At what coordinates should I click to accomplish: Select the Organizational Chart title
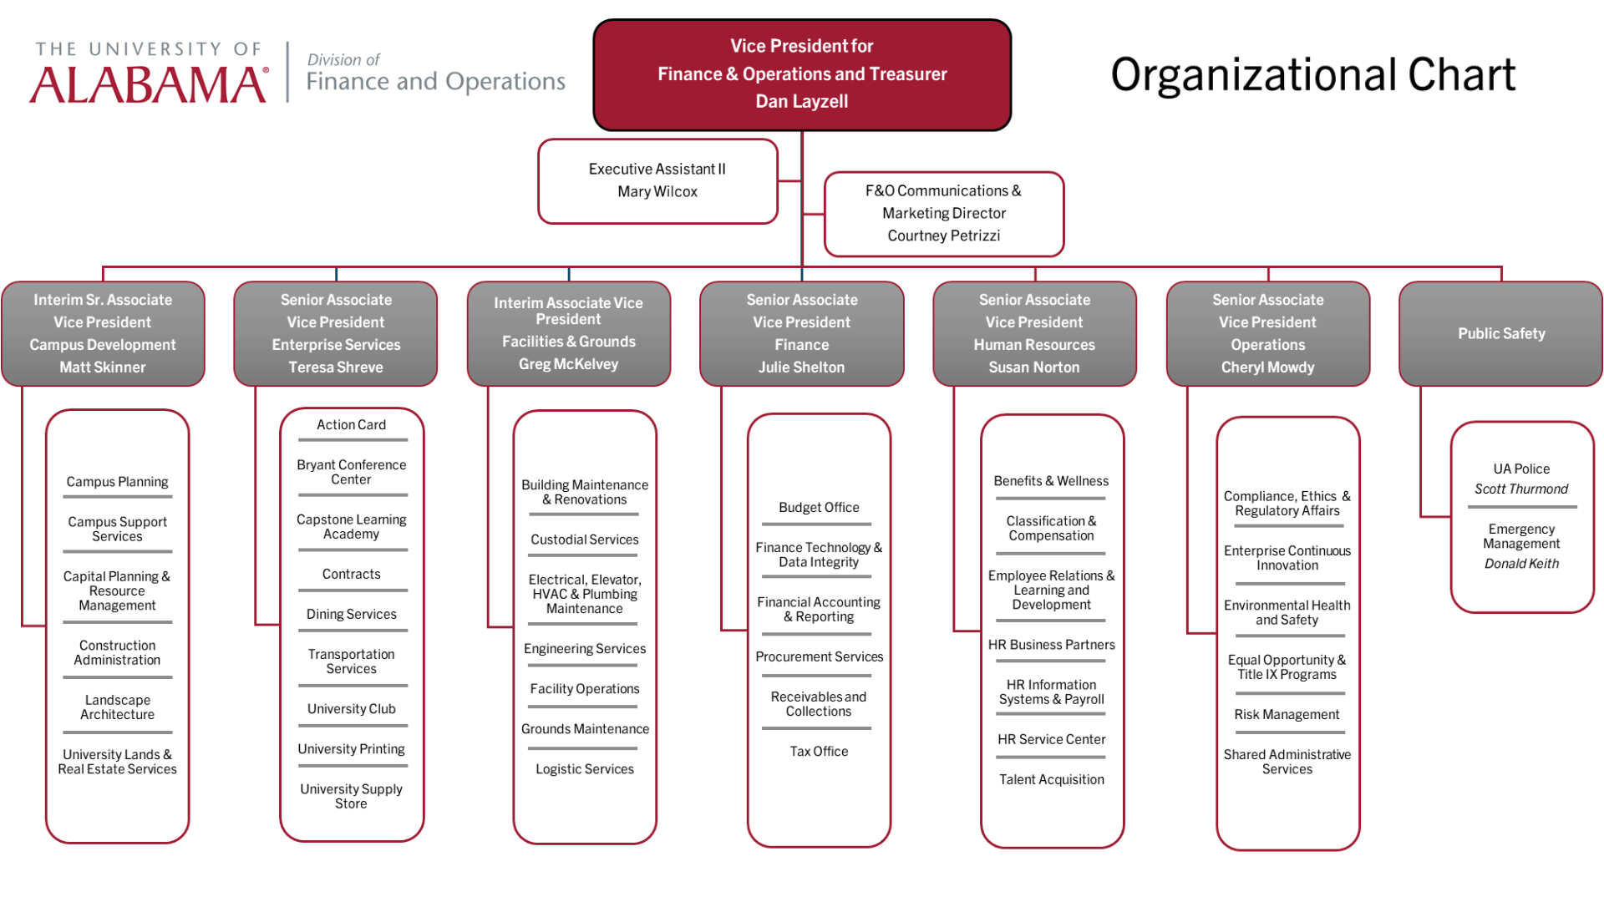(x=1312, y=75)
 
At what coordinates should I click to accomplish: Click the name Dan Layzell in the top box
(x=802, y=102)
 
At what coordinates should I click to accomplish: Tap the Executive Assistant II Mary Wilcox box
(x=657, y=181)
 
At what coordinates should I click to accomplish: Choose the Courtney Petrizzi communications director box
(x=944, y=215)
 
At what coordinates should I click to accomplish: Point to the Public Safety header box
(x=1501, y=334)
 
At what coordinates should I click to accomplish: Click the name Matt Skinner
(x=103, y=367)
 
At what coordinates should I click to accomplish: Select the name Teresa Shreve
(x=336, y=367)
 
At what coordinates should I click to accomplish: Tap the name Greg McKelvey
(x=568, y=364)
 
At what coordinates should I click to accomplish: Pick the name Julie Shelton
(x=801, y=367)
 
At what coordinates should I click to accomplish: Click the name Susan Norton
(x=1034, y=367)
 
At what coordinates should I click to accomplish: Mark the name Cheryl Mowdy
(x=1267, y=367)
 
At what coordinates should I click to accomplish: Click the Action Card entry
(x=351, y=425)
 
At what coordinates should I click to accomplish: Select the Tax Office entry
(x=819, y=752)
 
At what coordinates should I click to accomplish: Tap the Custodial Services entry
(x=585, y=540)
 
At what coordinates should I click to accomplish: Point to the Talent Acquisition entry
(x=1052, y=780)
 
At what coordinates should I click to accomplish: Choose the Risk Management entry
(x=1287, y=715)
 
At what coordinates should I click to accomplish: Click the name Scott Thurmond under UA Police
(x=1521, y=489)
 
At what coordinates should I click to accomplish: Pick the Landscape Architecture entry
(x=117, y=707)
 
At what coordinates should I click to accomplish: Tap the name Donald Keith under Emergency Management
(x=1521, y=564)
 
